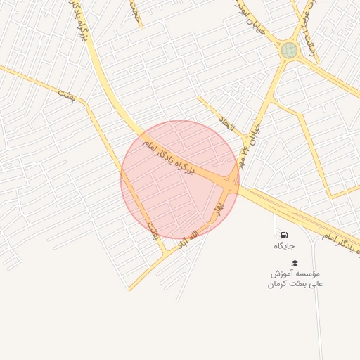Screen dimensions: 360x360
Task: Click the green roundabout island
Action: (289, 50)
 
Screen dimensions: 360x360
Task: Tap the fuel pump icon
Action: (284, 235)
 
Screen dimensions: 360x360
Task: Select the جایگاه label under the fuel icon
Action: (284, 246)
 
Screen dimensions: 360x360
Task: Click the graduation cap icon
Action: (295, 262)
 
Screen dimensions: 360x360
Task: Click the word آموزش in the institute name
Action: (283, 273)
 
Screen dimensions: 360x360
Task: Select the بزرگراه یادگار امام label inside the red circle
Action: (173, 160)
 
